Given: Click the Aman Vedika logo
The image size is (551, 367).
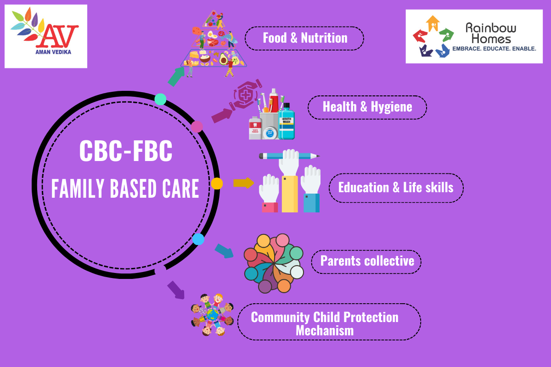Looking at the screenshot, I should point(46,36).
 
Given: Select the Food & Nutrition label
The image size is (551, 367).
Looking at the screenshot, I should point(304,38).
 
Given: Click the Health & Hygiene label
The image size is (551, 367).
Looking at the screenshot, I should point(367,107).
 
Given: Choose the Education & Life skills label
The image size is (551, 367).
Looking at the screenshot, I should point(396,188).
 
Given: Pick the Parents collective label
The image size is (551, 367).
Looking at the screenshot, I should point(366,261).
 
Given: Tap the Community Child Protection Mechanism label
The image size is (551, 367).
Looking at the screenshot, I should point(325,323).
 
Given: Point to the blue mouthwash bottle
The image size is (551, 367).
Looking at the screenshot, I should point(287,122).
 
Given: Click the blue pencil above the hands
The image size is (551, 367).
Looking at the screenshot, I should point(289,156).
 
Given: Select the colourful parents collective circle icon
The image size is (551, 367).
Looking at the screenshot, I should point(274,263).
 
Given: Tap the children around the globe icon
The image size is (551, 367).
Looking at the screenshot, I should point(212,315).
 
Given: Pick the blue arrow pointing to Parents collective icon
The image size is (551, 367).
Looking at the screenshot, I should point(224,250).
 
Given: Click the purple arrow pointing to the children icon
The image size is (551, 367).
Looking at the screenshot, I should point(175,289).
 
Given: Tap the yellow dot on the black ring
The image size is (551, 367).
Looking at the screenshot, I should point(217,183).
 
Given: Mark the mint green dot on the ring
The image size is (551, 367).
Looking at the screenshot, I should point(160,99).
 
